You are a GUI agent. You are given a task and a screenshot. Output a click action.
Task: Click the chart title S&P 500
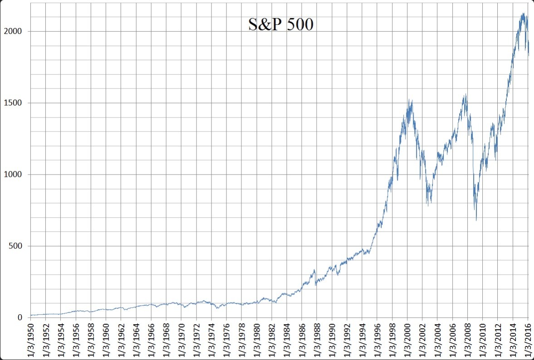281,24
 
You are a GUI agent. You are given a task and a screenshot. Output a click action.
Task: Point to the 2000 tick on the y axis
13,31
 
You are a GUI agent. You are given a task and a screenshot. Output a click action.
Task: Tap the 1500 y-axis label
13,103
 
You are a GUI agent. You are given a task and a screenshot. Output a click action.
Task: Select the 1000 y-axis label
13,175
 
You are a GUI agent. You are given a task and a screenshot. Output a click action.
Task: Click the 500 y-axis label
15,246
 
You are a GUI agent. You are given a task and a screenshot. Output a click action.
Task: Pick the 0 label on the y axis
20,317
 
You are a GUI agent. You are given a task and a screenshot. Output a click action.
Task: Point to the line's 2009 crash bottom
476,220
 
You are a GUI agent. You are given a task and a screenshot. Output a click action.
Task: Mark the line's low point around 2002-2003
428,205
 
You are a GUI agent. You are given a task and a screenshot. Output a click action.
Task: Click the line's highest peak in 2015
524,13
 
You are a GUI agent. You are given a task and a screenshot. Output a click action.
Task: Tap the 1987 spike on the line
314,270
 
